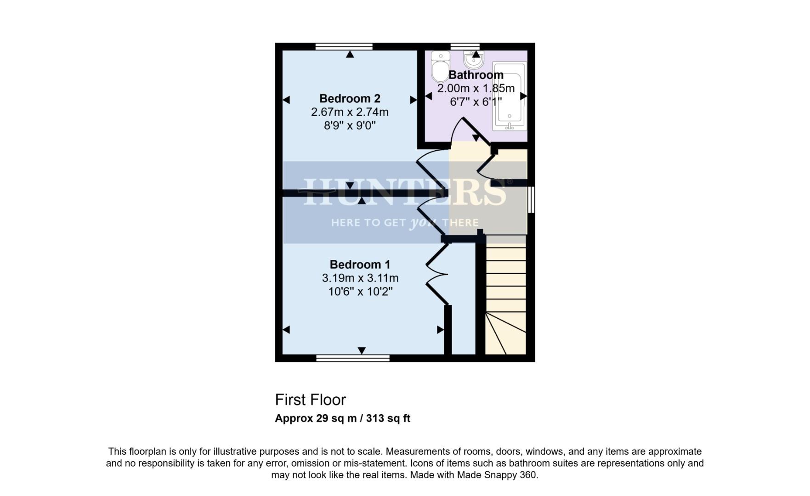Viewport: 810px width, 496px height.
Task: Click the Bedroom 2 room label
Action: point(350,99)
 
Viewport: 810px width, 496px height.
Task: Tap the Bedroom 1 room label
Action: point(360,265)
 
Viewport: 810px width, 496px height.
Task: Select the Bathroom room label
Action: point(476,75)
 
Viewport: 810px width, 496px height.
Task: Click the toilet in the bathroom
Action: point(440,67)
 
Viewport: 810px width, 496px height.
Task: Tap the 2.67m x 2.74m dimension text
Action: point(350,112)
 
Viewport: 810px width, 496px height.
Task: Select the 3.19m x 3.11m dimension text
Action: point(360,278)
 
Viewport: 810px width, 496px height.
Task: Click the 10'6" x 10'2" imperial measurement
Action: point(360,292)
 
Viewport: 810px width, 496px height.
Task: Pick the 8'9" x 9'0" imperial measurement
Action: point(350,125)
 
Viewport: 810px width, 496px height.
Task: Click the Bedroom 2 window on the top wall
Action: point(344,46)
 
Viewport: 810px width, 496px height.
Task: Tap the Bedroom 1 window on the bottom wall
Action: point(353,358)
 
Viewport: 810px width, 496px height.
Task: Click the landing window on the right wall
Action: point(531,199)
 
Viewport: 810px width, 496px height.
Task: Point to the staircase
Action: point(505,299)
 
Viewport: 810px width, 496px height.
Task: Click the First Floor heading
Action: point(310,400)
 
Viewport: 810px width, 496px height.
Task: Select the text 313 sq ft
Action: point(388,419)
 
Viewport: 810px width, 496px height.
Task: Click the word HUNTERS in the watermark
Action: point(404,192)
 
